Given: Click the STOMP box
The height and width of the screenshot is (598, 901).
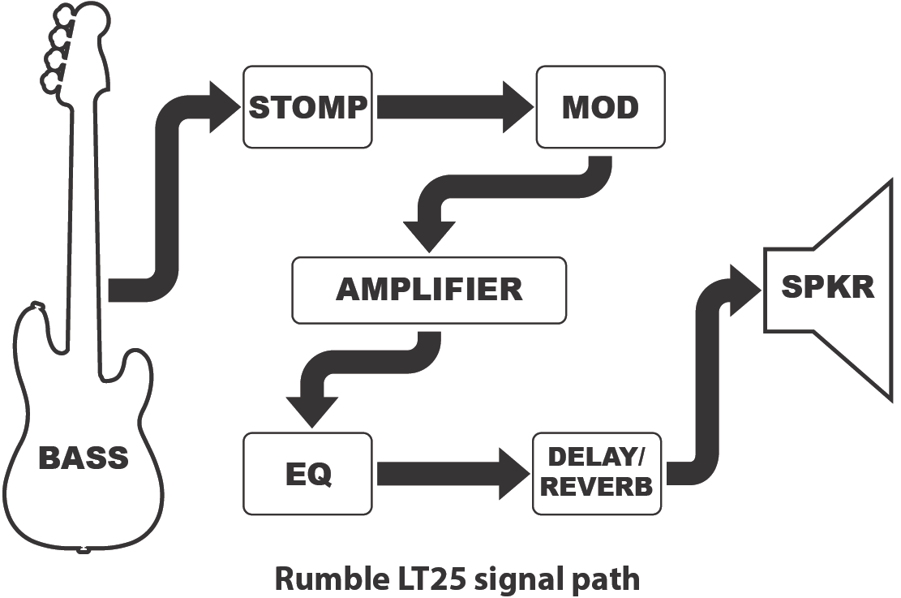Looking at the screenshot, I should pyautogui.click(x=308, y=107).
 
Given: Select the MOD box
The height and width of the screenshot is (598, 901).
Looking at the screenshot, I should pyautogui.click(x=600, y=107).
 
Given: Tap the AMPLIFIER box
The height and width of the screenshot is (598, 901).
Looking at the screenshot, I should pyautogui.click(x=428, y=290).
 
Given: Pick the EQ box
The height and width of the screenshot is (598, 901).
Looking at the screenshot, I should pyautogui.click(x=308, y=473).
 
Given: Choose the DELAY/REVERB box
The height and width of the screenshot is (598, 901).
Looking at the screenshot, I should pyautogui.click(x=597, y=473).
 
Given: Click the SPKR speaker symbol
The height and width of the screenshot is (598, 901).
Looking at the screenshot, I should pyautogui.click(x=827, y=288).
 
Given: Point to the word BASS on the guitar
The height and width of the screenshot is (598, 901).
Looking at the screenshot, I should pyautogui.click(x=84, y=458).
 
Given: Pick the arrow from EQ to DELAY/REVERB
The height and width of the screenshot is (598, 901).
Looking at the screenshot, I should pyautogui.click(x=450, y=473).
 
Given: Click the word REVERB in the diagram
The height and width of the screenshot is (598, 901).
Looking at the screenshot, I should pyautogui.click(x=597, y=487).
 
